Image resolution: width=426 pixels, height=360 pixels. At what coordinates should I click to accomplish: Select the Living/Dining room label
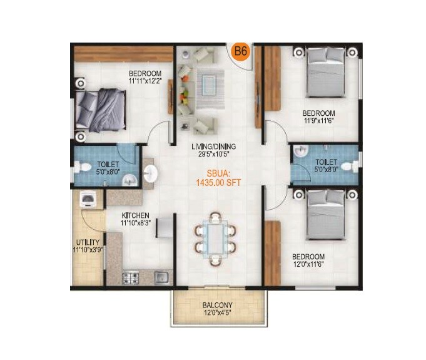214,151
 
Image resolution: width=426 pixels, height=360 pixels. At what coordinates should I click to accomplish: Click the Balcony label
218,310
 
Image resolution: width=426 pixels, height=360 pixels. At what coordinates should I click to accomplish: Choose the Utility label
87,244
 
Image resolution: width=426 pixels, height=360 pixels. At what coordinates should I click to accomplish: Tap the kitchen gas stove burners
132,276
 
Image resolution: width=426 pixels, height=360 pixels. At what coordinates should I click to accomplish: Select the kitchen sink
161,276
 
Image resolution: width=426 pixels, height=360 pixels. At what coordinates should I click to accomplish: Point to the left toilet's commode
80,168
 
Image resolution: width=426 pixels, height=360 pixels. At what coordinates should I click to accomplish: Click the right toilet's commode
353,167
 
